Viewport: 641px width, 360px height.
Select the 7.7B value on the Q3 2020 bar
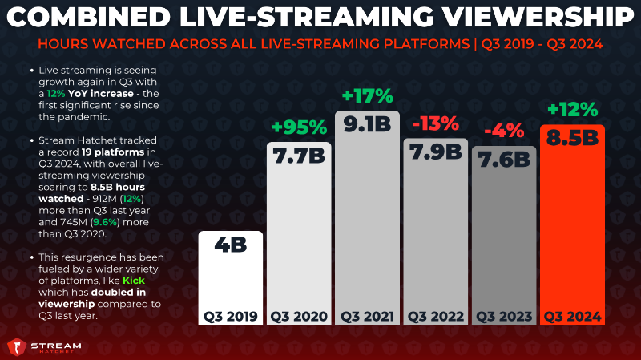(x=298, y=158)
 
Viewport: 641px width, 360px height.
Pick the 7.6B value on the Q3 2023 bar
(x=503, y=160)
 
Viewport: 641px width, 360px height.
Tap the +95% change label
(x=298, y=127)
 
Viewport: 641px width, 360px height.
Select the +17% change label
(x=367, y=96)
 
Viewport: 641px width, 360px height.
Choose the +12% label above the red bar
(x=572, y=109)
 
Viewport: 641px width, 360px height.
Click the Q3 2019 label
(x=229, y=316)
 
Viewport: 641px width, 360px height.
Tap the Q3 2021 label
(x=367, y=316)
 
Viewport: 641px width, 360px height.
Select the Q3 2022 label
(x=435, y=316)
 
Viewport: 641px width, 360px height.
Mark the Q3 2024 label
(x=572, y=316)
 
